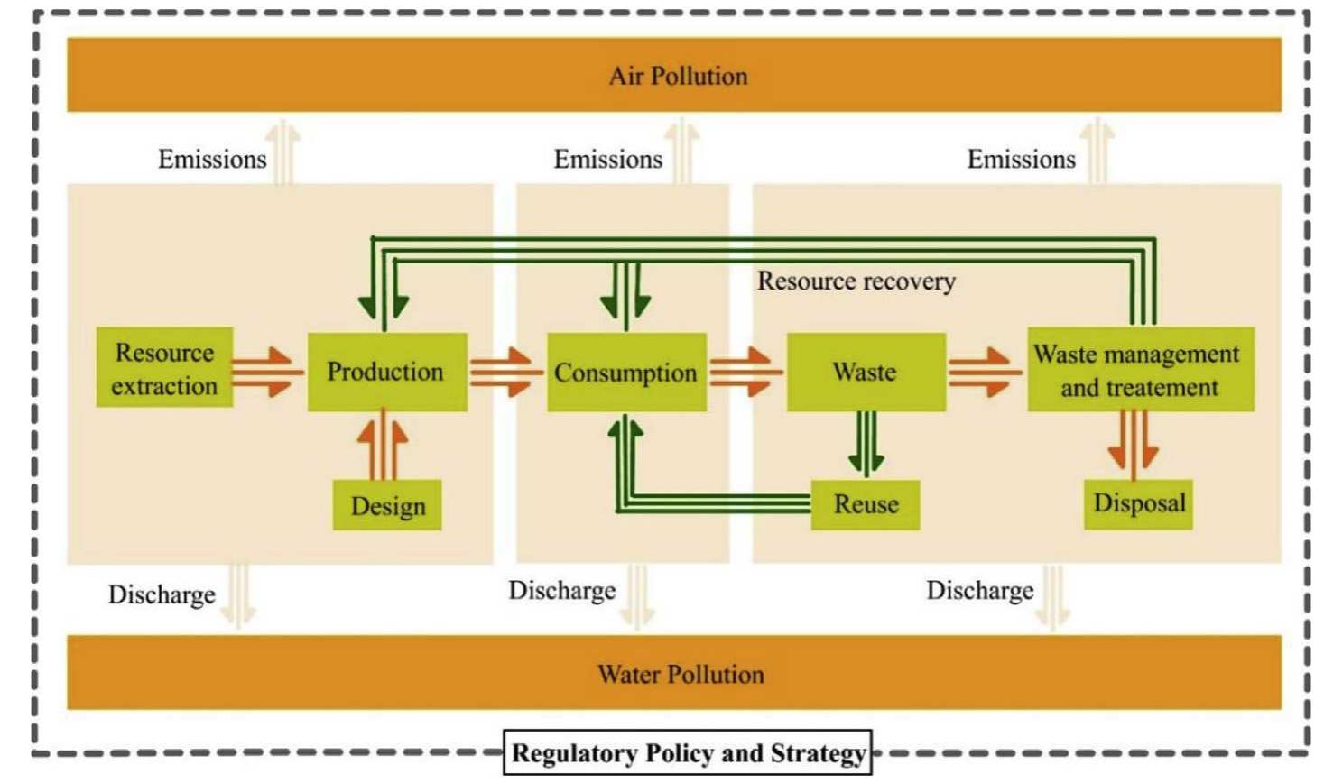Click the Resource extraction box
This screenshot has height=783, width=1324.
click(x=164, y=368)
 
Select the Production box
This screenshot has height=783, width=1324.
click(x=386, y=372)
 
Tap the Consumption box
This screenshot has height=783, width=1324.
click(x=625, y=373)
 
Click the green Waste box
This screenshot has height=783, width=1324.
click(x=866, y=372)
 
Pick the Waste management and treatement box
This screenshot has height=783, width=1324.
click(x=1139, y=370)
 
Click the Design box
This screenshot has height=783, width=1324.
click(x=387, y=505)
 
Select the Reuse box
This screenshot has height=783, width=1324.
click(x=865, y=504)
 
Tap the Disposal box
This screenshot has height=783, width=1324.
click(x=1138, y=503)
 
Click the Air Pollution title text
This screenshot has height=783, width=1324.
click(x=678, y=76)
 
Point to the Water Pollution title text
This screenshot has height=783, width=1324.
click(x=680, y=674)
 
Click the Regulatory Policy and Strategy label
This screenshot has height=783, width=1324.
click(x=688, y=752)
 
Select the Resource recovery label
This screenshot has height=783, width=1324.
click(x=856, y=281)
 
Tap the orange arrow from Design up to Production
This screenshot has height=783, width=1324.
click(x=383, y=447)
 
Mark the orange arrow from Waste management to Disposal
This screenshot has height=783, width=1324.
click(x=1134, y=442)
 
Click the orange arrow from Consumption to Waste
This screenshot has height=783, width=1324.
click(x=744, y=372)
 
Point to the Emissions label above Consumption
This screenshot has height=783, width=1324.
click(x=607, y=160)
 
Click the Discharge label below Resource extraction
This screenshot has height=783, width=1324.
click(x=162, y=594)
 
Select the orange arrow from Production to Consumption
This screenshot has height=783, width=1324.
click(x=504, y=372)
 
